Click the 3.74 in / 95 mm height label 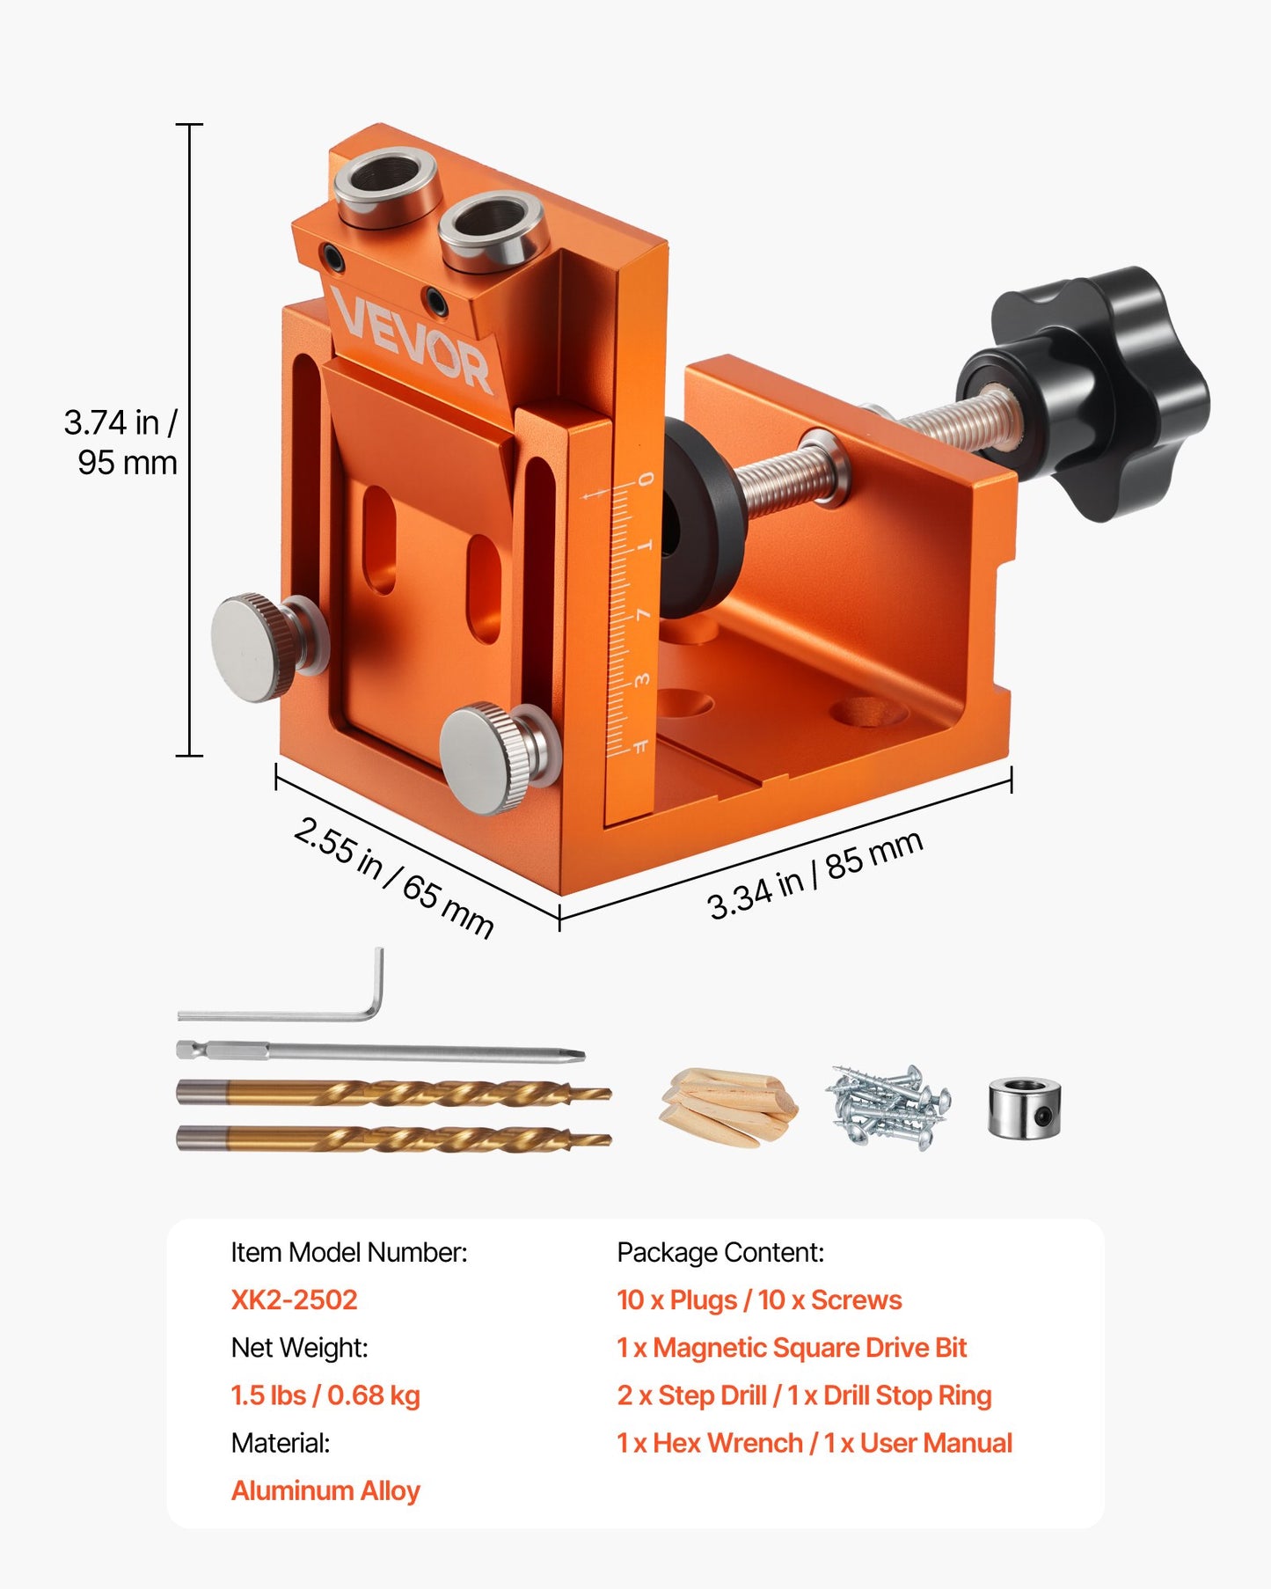(121, 443)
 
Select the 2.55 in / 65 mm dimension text (394, 876)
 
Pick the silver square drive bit (378, 1051)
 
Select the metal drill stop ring (1025, 1108)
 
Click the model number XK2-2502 (294, 1300)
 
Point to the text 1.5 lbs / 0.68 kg (325, 1395)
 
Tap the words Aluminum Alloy (325, 1490)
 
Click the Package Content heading (720, 1252)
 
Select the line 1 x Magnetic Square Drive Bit (791, 1347)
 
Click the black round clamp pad (698, 519)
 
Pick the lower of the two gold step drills (393, 1139)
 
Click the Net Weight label (299, 1347)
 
